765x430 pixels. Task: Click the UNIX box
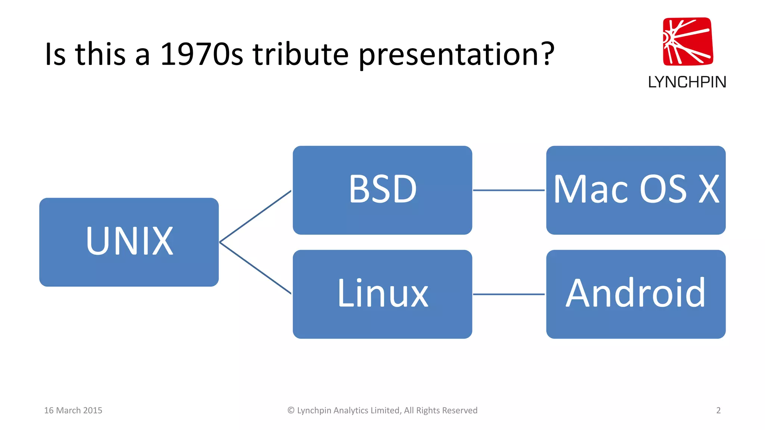coord(129,242)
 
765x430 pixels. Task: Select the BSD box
coord(382,190)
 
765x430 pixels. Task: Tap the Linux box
coord(382,294)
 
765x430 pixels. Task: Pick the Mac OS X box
coord(636,190)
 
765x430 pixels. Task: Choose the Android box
coord(636,294)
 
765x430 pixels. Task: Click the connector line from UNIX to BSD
coord(255,216)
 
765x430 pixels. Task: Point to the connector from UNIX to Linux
coord(255,268)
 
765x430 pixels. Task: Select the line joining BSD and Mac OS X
coord(509,190)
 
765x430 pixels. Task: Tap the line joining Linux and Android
coord(509,294)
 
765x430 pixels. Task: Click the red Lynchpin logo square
coord(688,41)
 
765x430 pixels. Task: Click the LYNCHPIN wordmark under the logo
coord(687,82)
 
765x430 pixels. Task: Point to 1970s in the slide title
coord(201,54)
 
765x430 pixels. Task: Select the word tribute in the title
coord(301,54)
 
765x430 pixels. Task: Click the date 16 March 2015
coord(73,410)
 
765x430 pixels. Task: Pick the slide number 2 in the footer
coord(718,410)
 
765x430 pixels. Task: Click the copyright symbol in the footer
coord(291,410)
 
